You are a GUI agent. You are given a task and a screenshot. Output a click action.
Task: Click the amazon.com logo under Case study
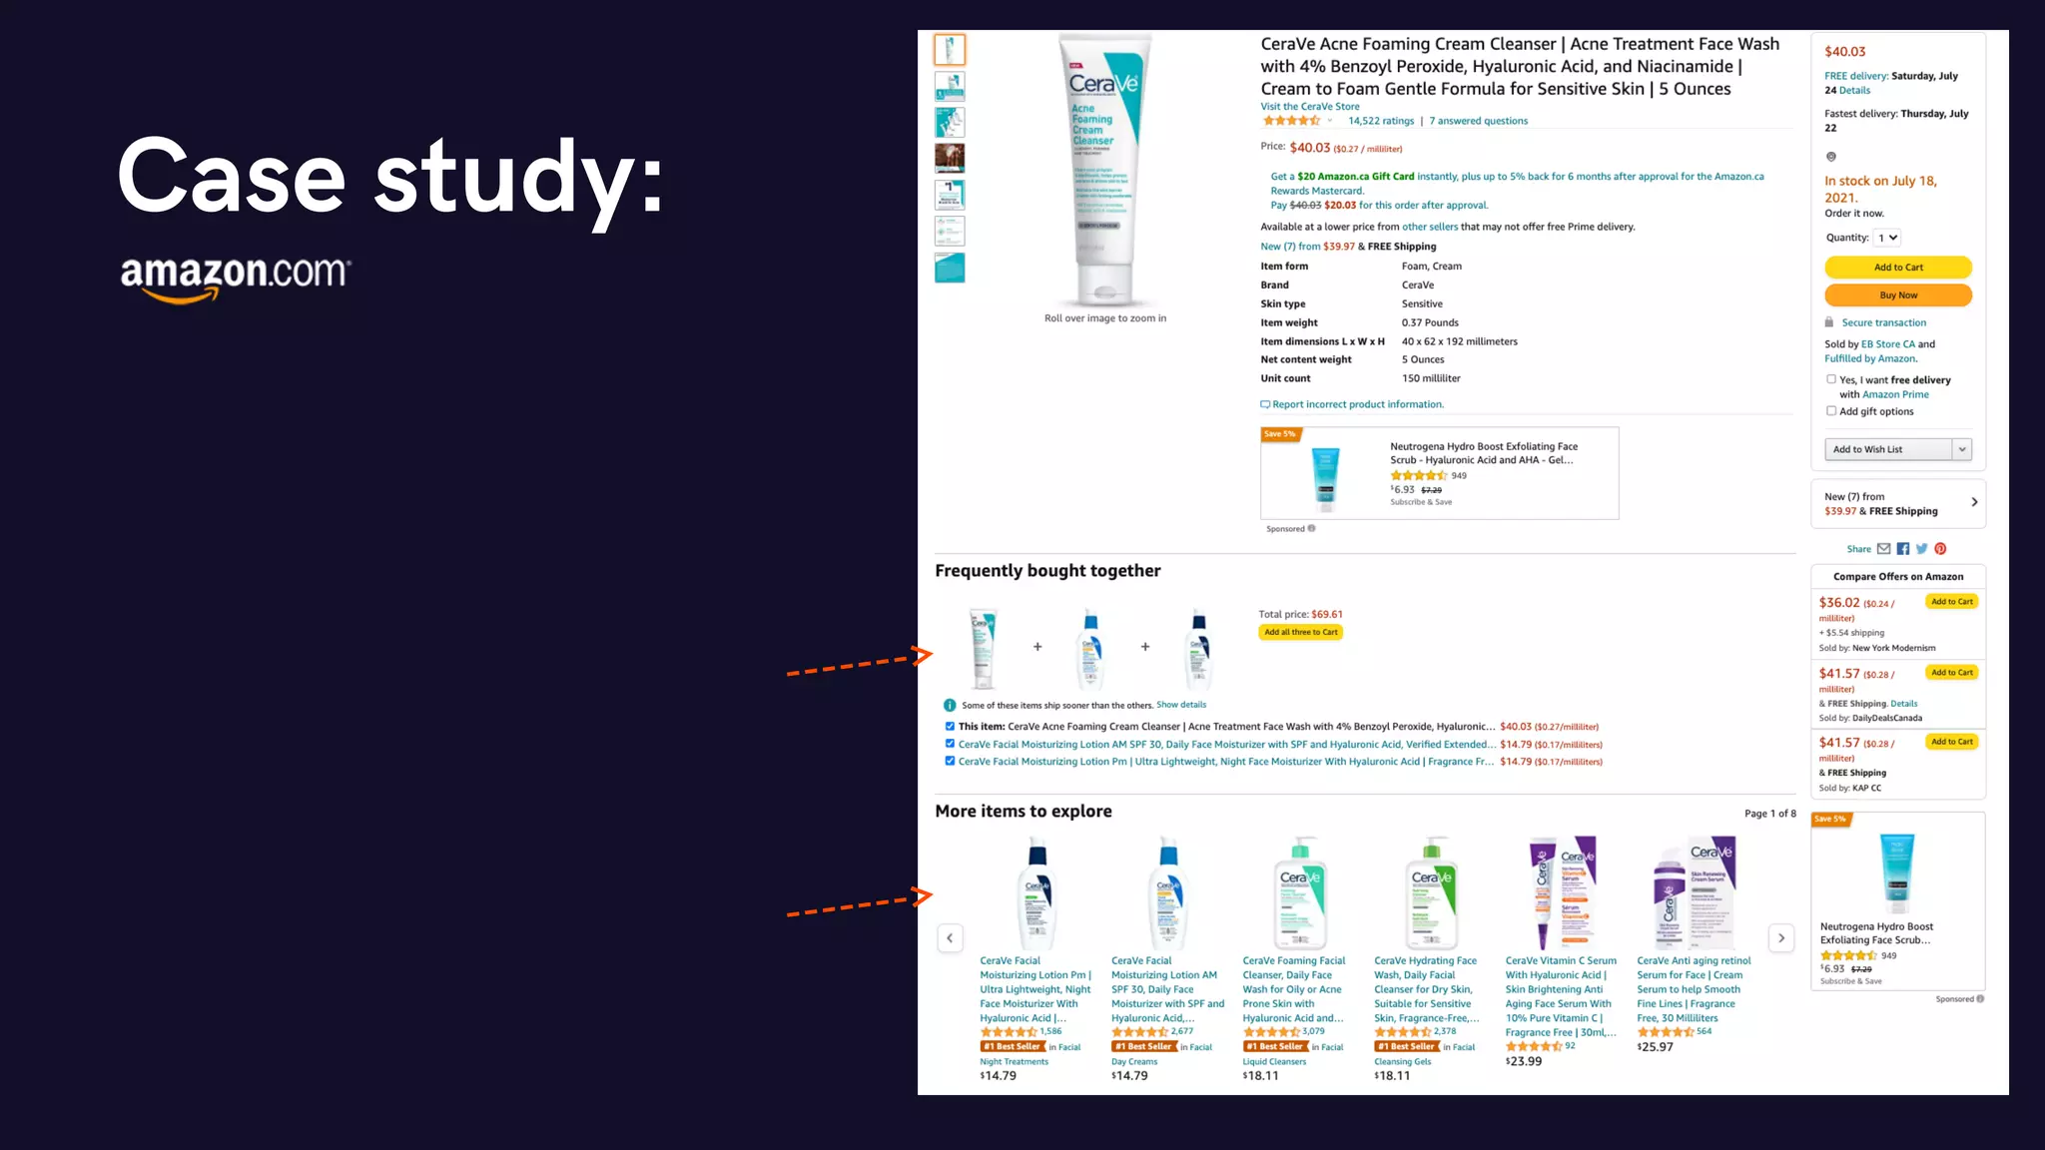236,278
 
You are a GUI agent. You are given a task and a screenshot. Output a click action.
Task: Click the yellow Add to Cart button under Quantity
1897,268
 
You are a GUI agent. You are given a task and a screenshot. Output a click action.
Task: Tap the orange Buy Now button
1897,295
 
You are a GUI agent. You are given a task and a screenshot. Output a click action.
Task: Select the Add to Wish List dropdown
1897,450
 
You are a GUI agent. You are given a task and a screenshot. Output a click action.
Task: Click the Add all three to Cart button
1300,633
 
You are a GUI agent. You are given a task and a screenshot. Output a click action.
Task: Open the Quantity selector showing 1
1887,239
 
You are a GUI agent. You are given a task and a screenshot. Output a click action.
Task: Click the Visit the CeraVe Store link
1309,107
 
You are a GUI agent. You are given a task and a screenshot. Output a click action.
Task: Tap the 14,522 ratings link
1380,122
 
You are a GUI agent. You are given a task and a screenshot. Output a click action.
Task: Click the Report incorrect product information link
1357,405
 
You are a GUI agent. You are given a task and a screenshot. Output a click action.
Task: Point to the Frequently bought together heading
1047,571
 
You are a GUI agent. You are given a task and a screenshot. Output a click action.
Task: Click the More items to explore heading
1022,812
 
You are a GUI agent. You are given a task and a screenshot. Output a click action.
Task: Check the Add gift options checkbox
1831,411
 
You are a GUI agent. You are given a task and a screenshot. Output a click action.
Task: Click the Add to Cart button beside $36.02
1951,602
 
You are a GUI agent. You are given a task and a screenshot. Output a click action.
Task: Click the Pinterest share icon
1940,549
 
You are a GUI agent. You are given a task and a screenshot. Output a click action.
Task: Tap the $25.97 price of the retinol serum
1655,1047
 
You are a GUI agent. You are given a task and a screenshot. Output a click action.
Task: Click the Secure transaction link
1883,323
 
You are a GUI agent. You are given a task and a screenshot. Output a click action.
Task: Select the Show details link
1180,705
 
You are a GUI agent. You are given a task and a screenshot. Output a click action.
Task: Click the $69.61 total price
1326,615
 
